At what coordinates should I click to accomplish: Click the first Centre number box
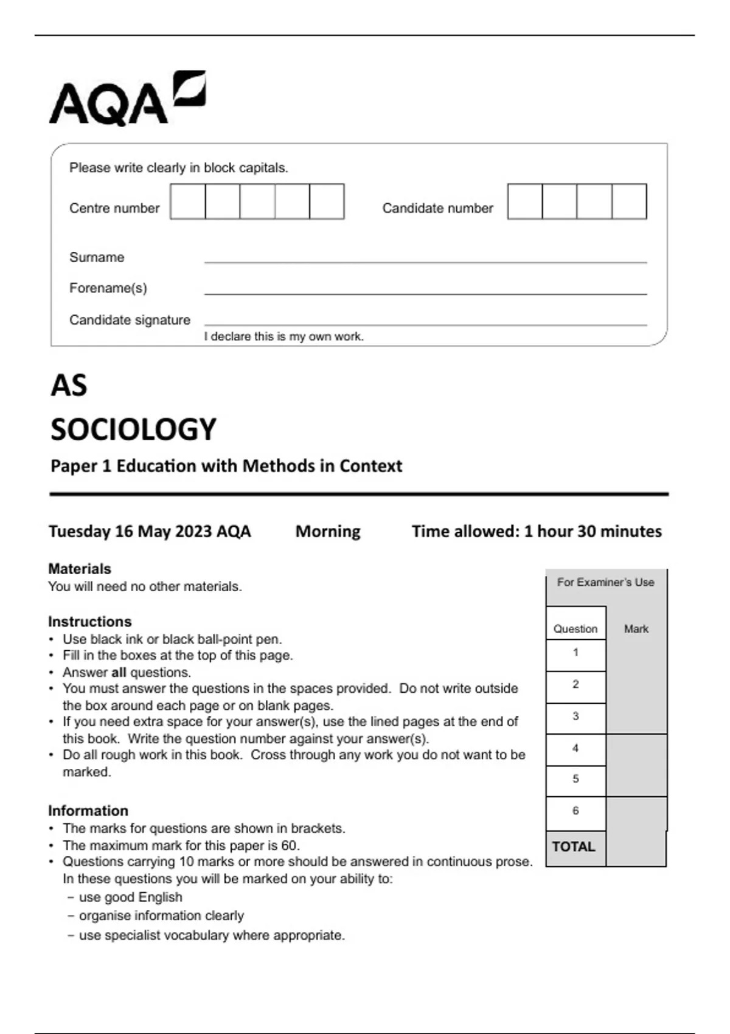[x=188, y=201]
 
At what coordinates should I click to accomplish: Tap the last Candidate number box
[x=629, y=201]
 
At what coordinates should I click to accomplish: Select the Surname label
[x=97, y=257]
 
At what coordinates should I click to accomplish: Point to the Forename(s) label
[x=108, y=288]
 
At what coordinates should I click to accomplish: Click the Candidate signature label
[x=130, y=320]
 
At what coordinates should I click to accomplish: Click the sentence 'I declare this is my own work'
[x=283, y=336]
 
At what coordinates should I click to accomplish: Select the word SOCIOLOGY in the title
[x=133, y=429]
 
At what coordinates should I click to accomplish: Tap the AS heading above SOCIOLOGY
[x=69, y=386]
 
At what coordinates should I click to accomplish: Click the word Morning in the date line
[x=328, y=532]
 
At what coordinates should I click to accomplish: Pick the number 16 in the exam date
[x=123, y=532]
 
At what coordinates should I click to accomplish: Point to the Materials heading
[x=80, y=569]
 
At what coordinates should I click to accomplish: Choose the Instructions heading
[x=89, y=622]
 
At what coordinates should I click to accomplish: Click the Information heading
[x=88, y=811]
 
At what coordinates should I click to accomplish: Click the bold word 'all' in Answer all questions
[x=119, y=673]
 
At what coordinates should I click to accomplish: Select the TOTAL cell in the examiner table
[x=574, y=847]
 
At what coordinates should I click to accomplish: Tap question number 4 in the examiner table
[x=575, y=748]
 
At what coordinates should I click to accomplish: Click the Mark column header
[x=636, y=629]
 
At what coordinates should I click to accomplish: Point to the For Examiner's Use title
[x=606, y=582]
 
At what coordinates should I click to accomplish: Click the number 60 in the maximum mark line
[x=289, y=845]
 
